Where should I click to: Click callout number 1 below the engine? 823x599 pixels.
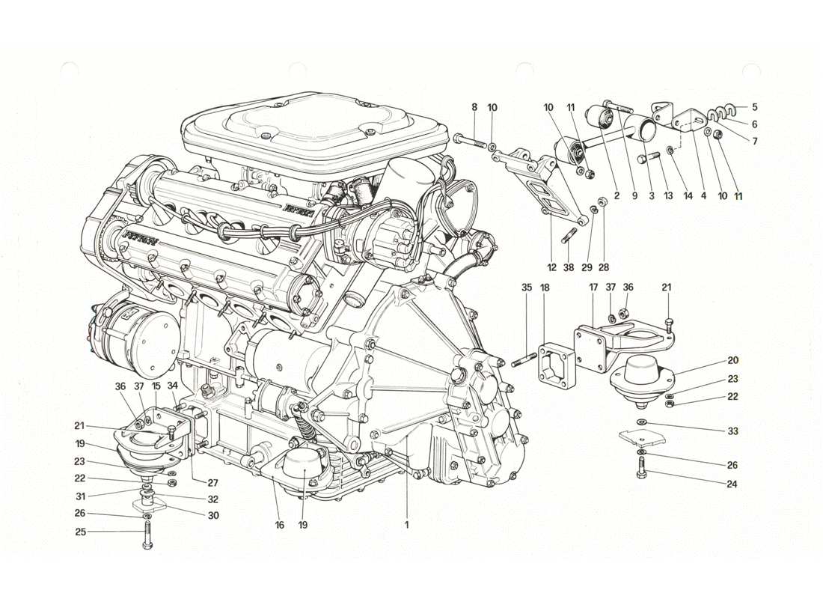(x=407, y=525)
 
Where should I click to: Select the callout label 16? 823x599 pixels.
(x=279, y=525)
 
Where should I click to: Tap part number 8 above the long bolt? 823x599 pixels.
(x=474, y=108)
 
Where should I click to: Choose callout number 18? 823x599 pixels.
(x=544, y=287)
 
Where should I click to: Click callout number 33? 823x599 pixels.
(x=732, y=431)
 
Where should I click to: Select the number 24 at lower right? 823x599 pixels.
(x=732, y=484)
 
